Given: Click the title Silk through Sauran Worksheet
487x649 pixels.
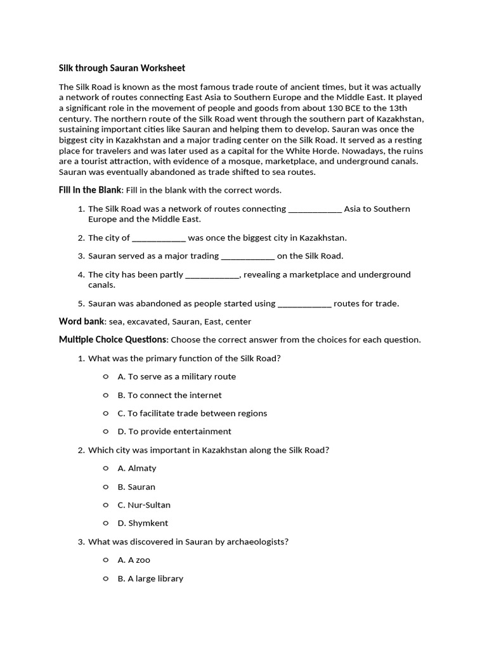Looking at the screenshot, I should (x=122, y=68).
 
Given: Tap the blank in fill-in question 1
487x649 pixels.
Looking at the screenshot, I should (x=315, y=209).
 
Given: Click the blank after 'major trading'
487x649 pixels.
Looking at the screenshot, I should (x=247, y=257).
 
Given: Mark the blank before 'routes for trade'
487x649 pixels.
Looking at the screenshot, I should (x=304, y=304).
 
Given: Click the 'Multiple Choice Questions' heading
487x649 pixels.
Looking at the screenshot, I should (x=113, y=340).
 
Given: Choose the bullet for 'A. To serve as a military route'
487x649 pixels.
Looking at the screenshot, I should (x=106, y=376).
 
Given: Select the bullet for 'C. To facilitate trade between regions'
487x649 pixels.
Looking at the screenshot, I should (x=106, y=413).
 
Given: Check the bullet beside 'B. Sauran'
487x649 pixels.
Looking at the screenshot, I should (x=106, y=487).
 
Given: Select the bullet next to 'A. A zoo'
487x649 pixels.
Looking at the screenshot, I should (x=106, y=560).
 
